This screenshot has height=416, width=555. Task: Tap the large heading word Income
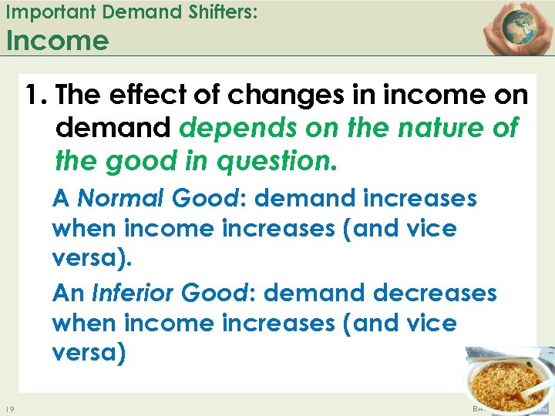(57, 40)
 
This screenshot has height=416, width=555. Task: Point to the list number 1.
(34, 96)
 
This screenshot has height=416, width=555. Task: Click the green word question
(272, 161)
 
